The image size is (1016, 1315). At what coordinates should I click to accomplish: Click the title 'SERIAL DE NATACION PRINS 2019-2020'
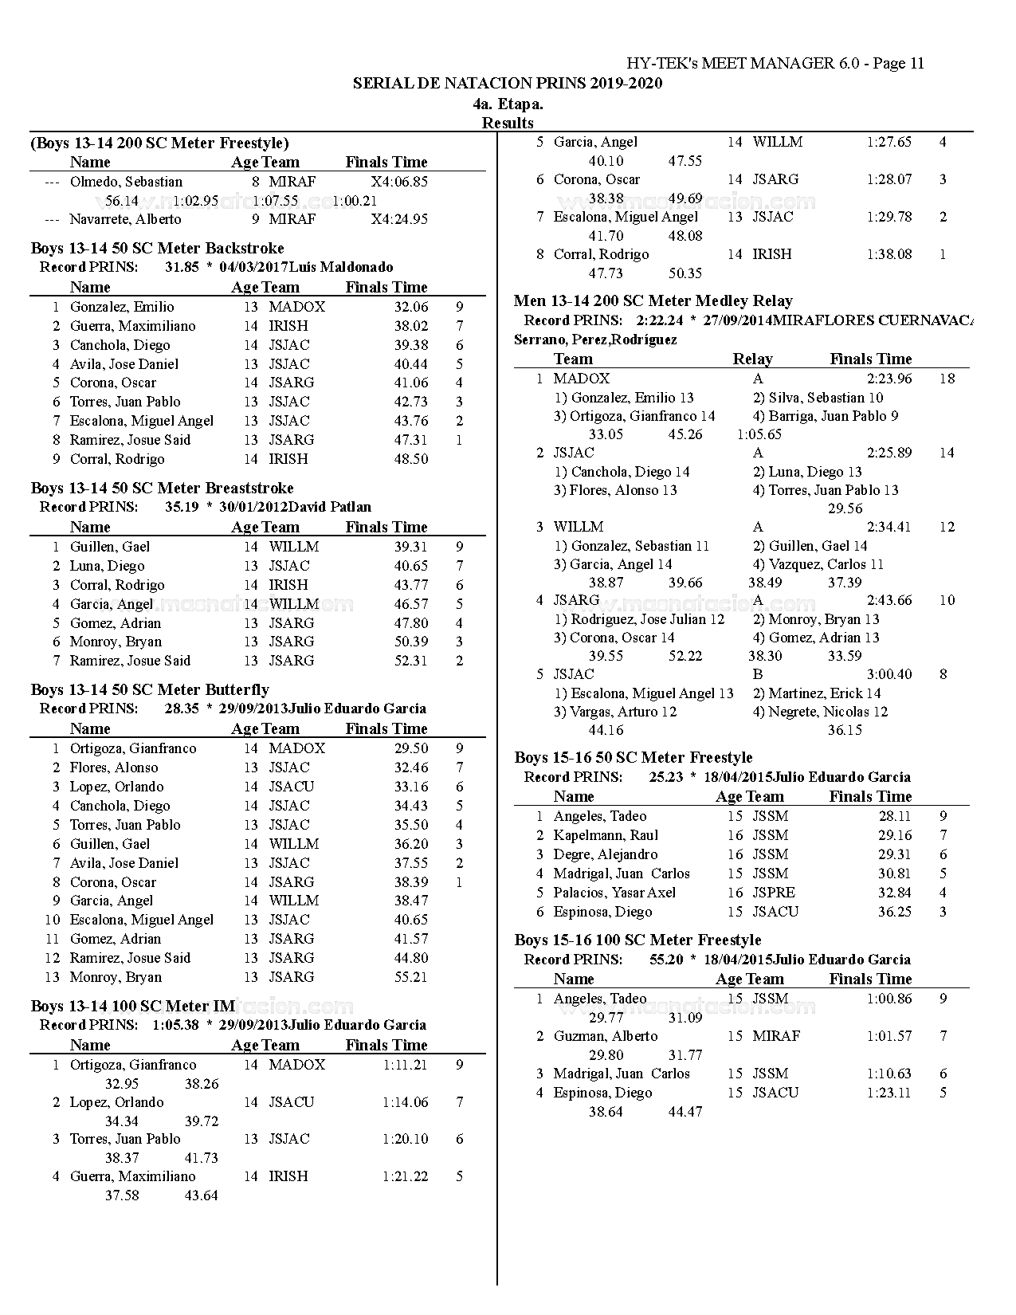coord(508,84)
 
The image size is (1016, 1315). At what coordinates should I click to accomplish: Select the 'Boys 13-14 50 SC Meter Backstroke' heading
coord(158,249)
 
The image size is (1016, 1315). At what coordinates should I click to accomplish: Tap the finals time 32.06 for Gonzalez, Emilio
coord(411,307)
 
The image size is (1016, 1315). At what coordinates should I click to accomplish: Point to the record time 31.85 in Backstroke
coord(182,268)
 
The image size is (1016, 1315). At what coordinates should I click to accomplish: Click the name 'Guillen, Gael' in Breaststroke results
coord(110,547)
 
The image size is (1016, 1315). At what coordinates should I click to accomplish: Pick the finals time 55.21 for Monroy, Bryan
coord(411,977)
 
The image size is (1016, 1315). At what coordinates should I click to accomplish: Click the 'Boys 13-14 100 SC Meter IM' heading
coord(133,1007)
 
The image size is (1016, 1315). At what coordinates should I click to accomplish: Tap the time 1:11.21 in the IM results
coord(405,1065)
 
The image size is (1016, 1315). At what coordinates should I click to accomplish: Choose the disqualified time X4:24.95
coord(399,219)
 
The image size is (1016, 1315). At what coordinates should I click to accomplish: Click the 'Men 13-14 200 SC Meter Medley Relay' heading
coord(653,301)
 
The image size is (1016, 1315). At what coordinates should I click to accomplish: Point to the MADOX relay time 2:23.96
coord(889,379)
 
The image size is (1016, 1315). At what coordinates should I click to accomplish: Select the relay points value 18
coord(947,379)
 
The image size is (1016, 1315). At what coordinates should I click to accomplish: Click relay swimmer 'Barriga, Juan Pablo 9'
coord(826,416)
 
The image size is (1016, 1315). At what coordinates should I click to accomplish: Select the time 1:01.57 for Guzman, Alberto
coord(889,1036)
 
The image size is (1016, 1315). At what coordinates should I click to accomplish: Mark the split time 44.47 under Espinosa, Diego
coord(685,1112)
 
